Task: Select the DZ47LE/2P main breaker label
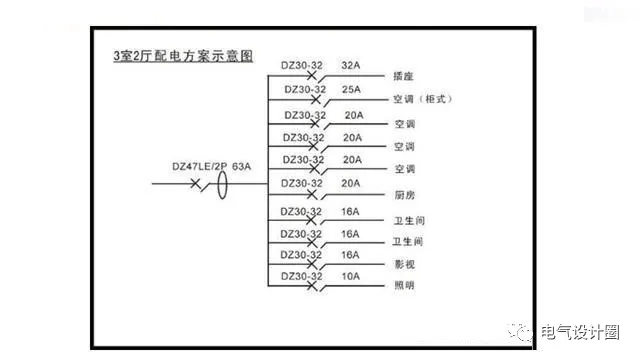pyautogui.click(x=200, y=165)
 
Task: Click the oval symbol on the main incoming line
pyautogui.click(x=226, y=185)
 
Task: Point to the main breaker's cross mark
pyautogui.click(x=195, y=185)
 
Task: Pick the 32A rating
pyautogui.click(x=352, y=64)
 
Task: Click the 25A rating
pyautogui.click(x=352, y=88)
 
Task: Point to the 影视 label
pyautogui.click(x=405, y=265)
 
